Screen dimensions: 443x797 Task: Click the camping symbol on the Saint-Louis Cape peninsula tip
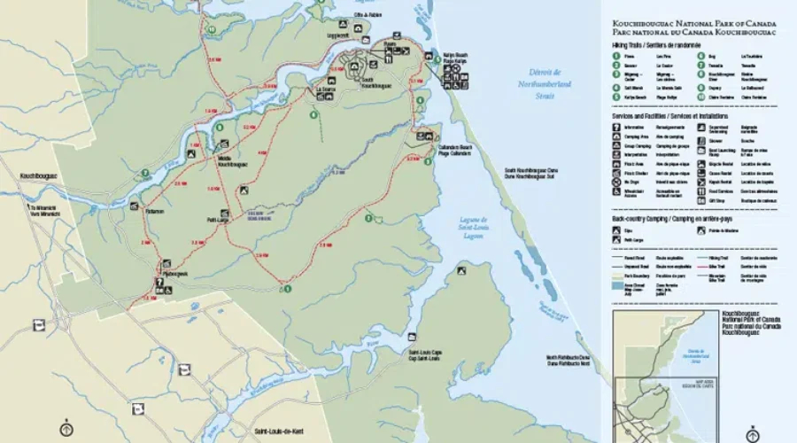coord(412,338)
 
